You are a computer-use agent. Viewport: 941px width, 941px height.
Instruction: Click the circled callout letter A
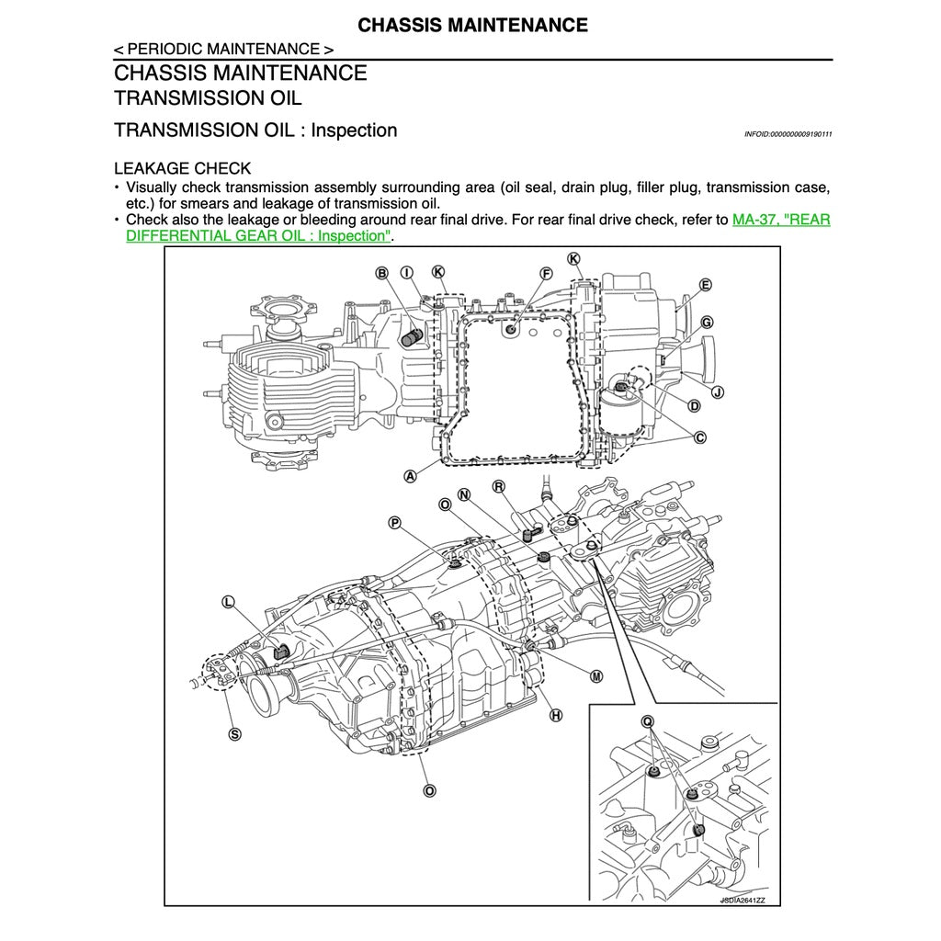(x=410, y=476)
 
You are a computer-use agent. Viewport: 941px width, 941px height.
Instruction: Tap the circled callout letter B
(x=381, y=272)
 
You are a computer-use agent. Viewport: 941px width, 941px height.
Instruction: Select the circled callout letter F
(x=546, y=273)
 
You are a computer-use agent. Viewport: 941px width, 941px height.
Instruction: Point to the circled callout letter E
(x=705, y=285)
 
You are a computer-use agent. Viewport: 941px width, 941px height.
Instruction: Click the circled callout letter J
(x=718, y=392)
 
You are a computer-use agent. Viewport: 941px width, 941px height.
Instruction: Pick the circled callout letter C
(x=700, y=437)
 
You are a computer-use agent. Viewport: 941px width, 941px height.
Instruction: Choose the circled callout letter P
(x=394, y=523)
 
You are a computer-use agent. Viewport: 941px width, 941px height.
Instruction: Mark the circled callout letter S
(x=234, y=733)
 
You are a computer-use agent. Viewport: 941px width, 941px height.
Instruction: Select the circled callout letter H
(x=555, y=715)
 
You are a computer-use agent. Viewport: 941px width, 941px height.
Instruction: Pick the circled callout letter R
(x=499, y=486)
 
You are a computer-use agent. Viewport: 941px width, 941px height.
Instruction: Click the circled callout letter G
(x=707, y=323)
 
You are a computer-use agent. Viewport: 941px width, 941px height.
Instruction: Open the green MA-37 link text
(x=781, y=221)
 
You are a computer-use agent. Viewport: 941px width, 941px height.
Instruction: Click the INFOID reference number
(x=788, y=134)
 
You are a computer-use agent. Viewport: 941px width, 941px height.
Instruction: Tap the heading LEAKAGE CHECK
(x=182, y=168)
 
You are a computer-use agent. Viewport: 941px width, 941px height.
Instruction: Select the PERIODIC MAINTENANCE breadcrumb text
(x=223, y=49)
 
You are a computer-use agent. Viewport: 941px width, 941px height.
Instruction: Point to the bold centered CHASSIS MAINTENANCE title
(x=472, y=25)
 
